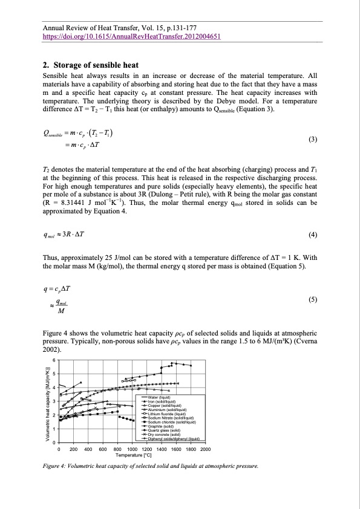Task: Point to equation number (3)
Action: tap(312, 140)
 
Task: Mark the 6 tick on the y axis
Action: tap(54, 360)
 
